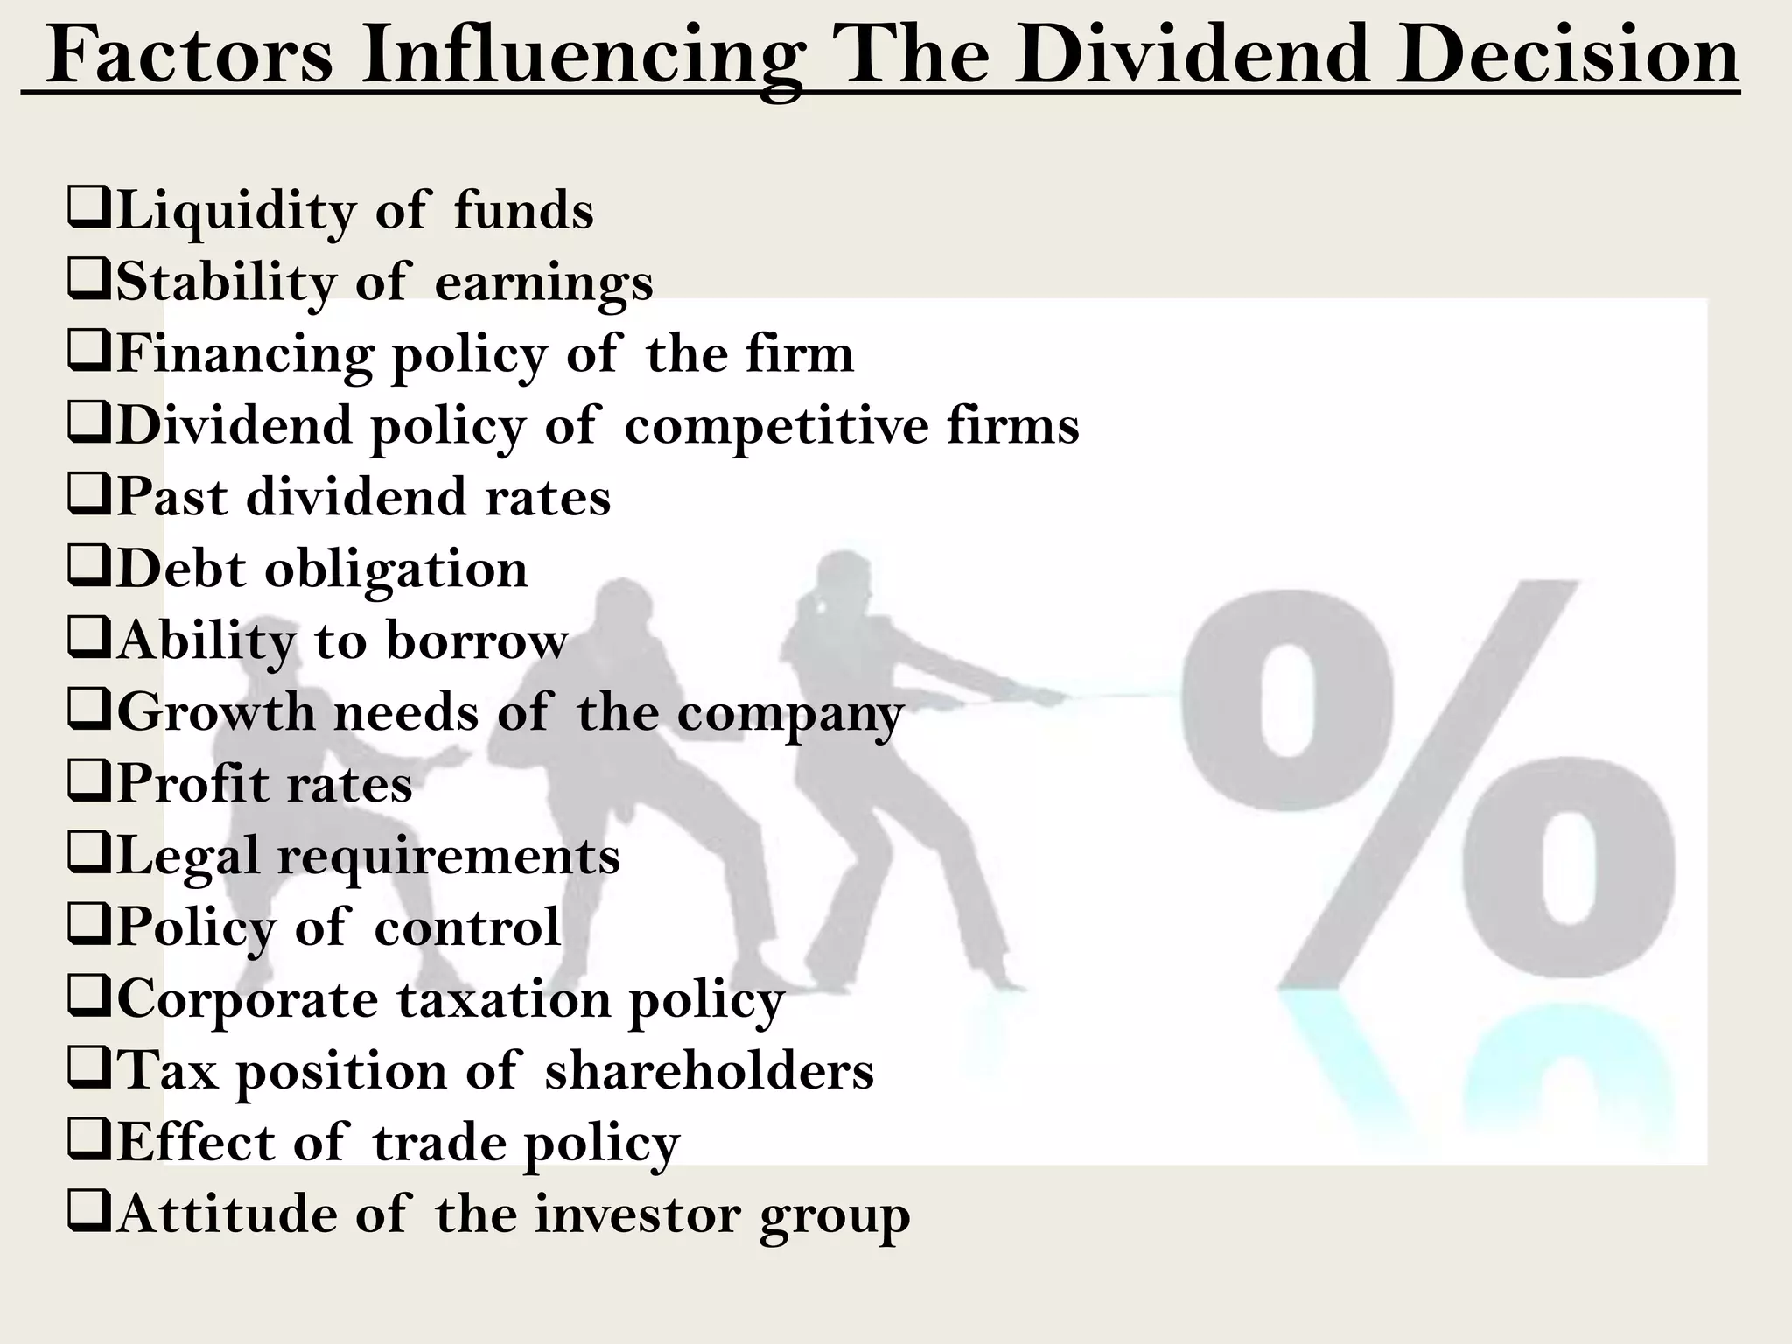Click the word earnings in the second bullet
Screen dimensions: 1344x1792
point(543,283)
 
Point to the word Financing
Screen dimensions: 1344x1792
point(246,355)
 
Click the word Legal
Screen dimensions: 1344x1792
point(188,856)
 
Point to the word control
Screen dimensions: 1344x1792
point(467,927)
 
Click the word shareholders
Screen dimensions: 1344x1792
point(709,1070)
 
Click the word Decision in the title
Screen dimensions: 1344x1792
point(1566,55)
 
